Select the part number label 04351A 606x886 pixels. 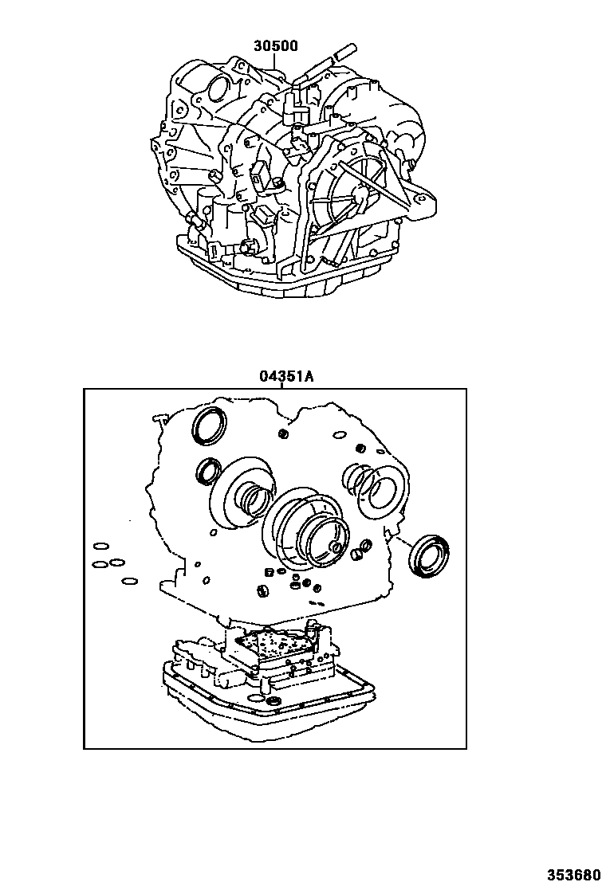(x=284, y=376)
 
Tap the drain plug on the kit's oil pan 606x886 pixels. (x=275, y=700)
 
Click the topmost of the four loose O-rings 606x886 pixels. (x=101, y=547)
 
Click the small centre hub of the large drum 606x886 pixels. (x=333, y=547)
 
